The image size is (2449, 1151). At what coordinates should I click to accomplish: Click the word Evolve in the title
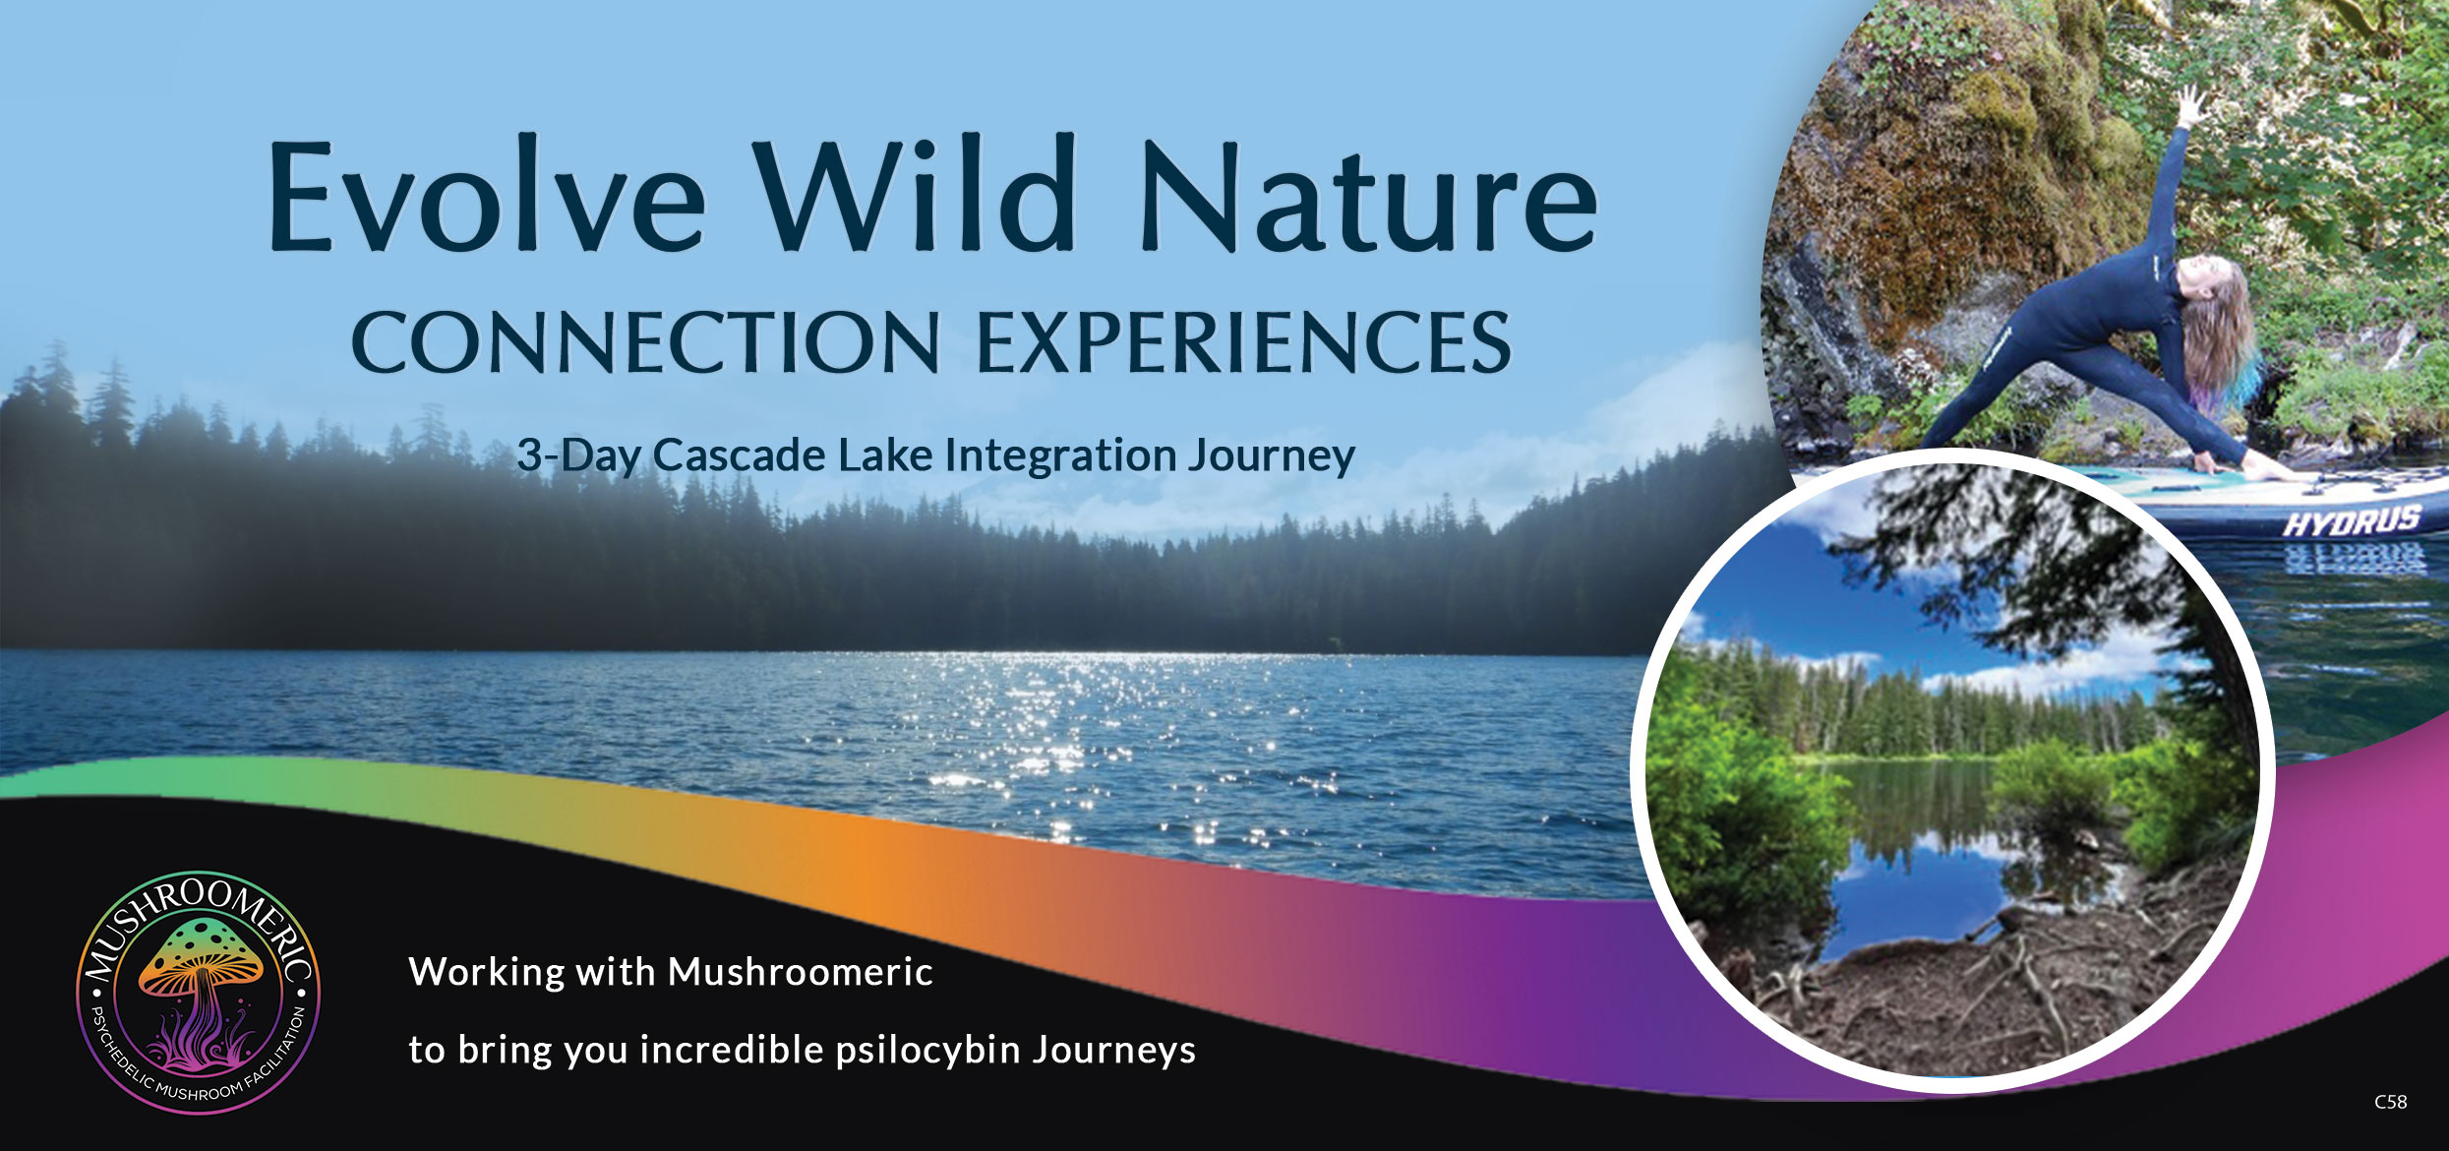pos(487,197)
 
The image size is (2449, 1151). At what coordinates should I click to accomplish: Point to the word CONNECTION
pos(645,342)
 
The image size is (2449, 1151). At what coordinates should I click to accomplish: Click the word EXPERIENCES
pos(1243,342)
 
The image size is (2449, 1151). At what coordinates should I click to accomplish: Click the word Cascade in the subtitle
pos(739,454)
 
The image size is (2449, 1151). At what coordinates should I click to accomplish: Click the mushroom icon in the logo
pos(202,994)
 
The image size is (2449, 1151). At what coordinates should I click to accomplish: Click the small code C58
pos(2391,1102)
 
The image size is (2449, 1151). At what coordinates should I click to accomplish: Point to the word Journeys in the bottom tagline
pos(1114,1051)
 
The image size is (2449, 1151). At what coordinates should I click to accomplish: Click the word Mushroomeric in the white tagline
pos(801,972)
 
